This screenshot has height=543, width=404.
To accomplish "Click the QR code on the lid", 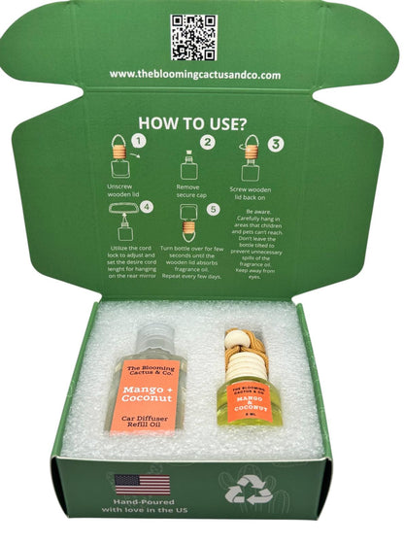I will pyautogui.click(x=194, y=36).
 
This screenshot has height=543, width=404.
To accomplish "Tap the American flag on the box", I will pyautogui.click(x=142, y=484).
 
